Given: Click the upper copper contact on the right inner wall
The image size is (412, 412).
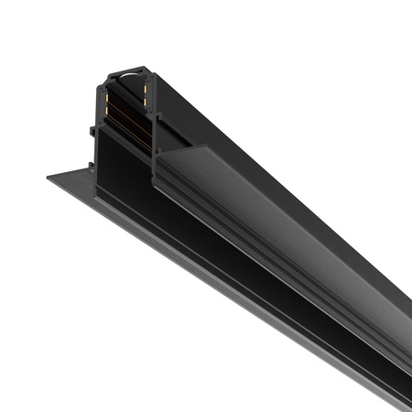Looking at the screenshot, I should [x=146, y=89].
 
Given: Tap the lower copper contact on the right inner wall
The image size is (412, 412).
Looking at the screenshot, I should [x=146, y=102].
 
